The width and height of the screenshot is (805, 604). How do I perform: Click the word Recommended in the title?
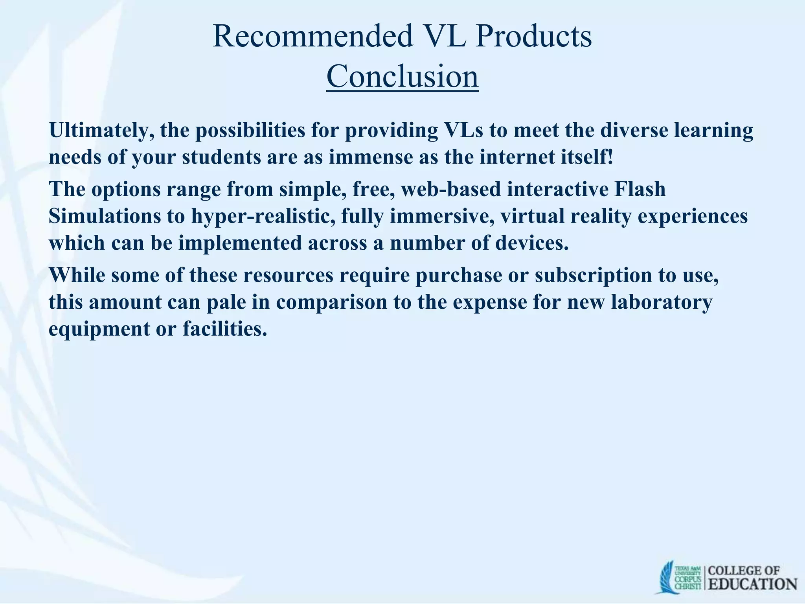pyautogui.click(x=313, y=36)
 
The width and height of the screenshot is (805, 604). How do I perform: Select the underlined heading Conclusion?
pyautogui.click(x=402, y=76)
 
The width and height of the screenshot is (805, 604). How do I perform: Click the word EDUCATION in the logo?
pyautogui.click(x=753, y=584)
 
